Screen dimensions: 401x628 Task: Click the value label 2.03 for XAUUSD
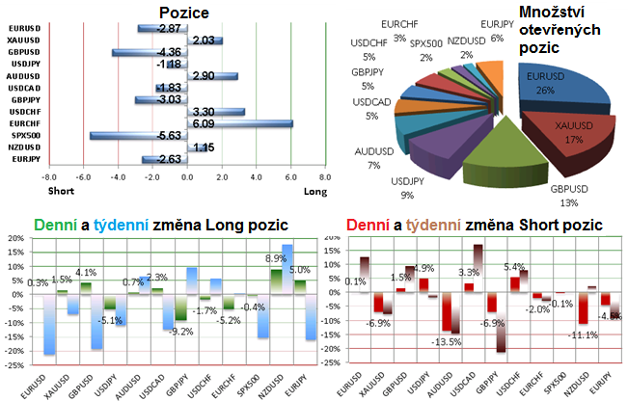click(x=203, y=40)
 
